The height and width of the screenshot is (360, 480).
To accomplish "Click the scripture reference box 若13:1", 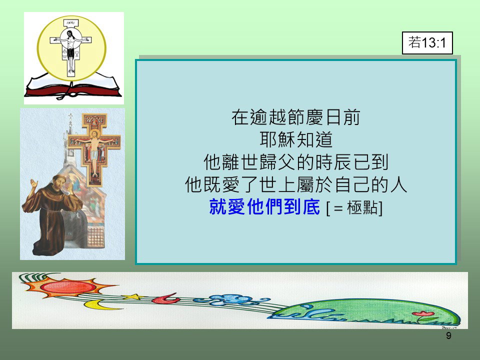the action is (427, 43).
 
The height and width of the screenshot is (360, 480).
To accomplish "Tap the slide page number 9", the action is (448, 336).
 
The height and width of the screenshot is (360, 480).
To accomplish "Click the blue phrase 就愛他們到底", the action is (264, 207).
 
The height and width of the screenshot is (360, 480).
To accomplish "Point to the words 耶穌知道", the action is (296, 139).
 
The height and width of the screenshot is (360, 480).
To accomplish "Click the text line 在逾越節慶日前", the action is (295, 117).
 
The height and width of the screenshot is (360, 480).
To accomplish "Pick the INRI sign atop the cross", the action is (70, 22).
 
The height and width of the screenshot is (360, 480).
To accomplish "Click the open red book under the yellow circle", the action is (73, 86).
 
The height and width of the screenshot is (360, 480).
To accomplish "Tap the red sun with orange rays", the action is (68, 287).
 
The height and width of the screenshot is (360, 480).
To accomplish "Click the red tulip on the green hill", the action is (423, 314).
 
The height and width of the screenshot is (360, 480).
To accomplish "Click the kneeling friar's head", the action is (61, 183).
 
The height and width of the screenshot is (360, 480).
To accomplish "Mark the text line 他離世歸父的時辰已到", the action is (296, 162).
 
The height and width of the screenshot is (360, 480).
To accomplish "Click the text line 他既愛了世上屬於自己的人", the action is (296, 184).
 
